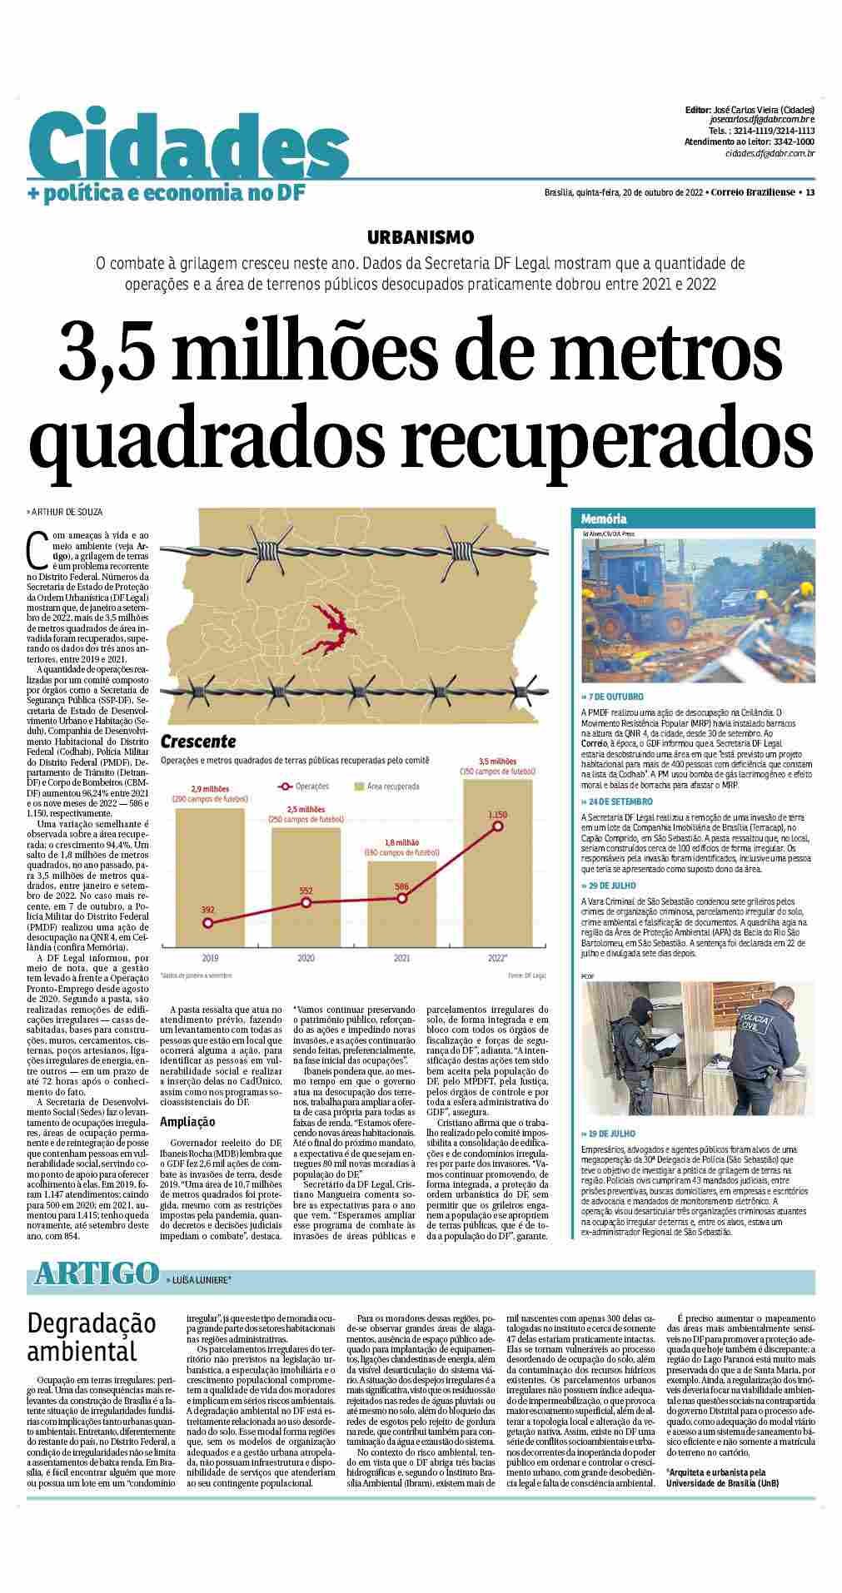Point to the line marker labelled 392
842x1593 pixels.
(208, 923)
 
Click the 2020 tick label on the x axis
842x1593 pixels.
(306, 958)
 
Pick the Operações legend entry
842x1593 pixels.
(305, 786)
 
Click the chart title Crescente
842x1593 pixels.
(198, 741)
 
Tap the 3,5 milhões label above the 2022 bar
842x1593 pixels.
(497, 761)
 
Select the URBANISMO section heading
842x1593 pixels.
(421, 237)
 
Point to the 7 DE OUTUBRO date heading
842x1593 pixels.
(616, 697)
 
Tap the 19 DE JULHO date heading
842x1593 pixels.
(613, 1134)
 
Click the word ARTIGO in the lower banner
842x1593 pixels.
(97, 1273)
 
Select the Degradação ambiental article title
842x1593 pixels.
(92, 1337)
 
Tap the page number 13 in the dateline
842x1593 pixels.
(809, 193)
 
